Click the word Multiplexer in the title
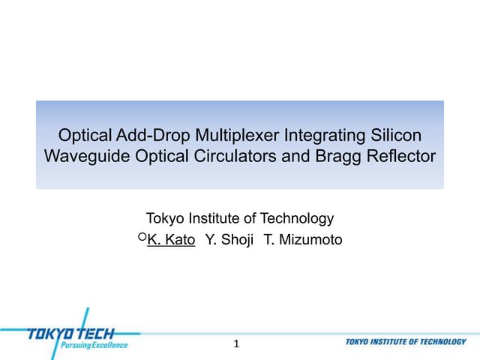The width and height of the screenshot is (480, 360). [231, 136]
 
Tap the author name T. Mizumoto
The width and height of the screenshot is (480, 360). [303, 240]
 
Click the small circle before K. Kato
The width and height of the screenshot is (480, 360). [142, 237]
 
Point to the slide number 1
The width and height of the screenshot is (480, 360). [237, 344]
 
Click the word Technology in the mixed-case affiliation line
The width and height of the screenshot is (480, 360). [297, 219]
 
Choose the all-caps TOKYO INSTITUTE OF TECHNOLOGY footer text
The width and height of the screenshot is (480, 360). [406, 342]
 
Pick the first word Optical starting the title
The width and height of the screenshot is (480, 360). [86, 136]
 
